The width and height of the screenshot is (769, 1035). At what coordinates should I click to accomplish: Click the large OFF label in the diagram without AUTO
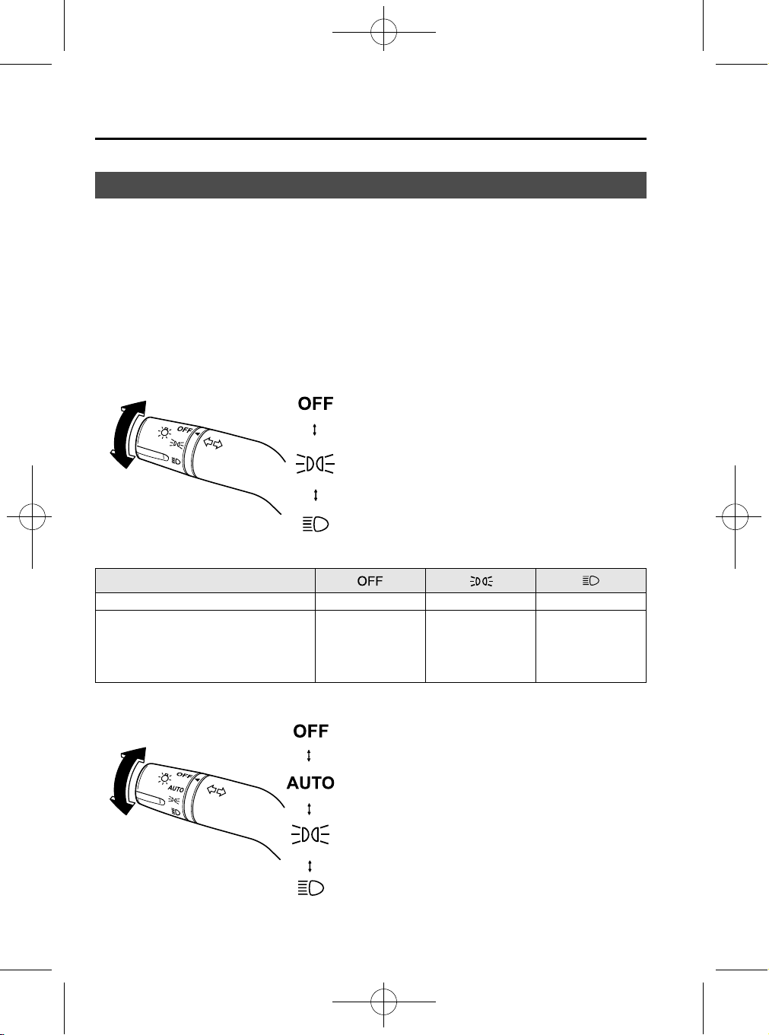pyautogui.click(x=316, y=404)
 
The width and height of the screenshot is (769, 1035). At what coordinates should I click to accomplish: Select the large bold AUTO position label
pyautogui.click(x=310, y=783)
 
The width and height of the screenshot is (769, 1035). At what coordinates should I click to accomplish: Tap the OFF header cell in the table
pyautogui.click(x=370, y=581)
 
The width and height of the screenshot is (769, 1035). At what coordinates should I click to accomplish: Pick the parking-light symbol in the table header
pyautogui.click(x=481, y=581)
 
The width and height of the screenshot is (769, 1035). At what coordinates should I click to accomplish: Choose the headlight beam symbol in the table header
pyautogui.click(x=591, y=580)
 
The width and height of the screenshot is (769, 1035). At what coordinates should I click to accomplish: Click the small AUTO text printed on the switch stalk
pyautogui.click(x=176, y=788)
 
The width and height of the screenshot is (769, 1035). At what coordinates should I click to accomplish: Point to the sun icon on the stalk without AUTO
pyautogui.click(x=164, y=433)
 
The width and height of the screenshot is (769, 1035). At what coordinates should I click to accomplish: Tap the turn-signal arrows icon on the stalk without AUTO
pyautogui.click(x=213, y=443)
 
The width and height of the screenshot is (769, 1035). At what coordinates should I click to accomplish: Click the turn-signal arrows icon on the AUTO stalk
pyautogui.click(x=216, y=790)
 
